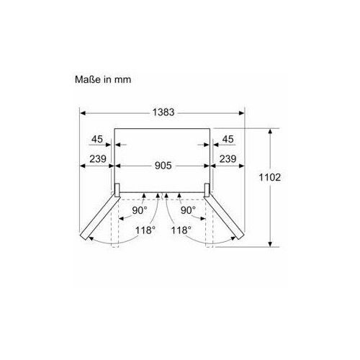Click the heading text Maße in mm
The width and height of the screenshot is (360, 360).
point(103,79)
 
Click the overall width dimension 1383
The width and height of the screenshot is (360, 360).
point(163,112)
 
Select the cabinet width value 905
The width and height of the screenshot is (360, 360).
point(163,166)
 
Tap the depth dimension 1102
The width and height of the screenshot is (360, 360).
point(269,177)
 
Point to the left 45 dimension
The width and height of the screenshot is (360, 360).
point(97,139)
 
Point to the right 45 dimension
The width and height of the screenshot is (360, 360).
point(228,139)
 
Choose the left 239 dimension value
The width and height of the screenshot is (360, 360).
point(98,159)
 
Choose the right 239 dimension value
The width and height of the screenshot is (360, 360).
point(228,159)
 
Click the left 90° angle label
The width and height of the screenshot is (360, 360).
point(140,210)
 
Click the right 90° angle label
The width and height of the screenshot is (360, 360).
point(188,210)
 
